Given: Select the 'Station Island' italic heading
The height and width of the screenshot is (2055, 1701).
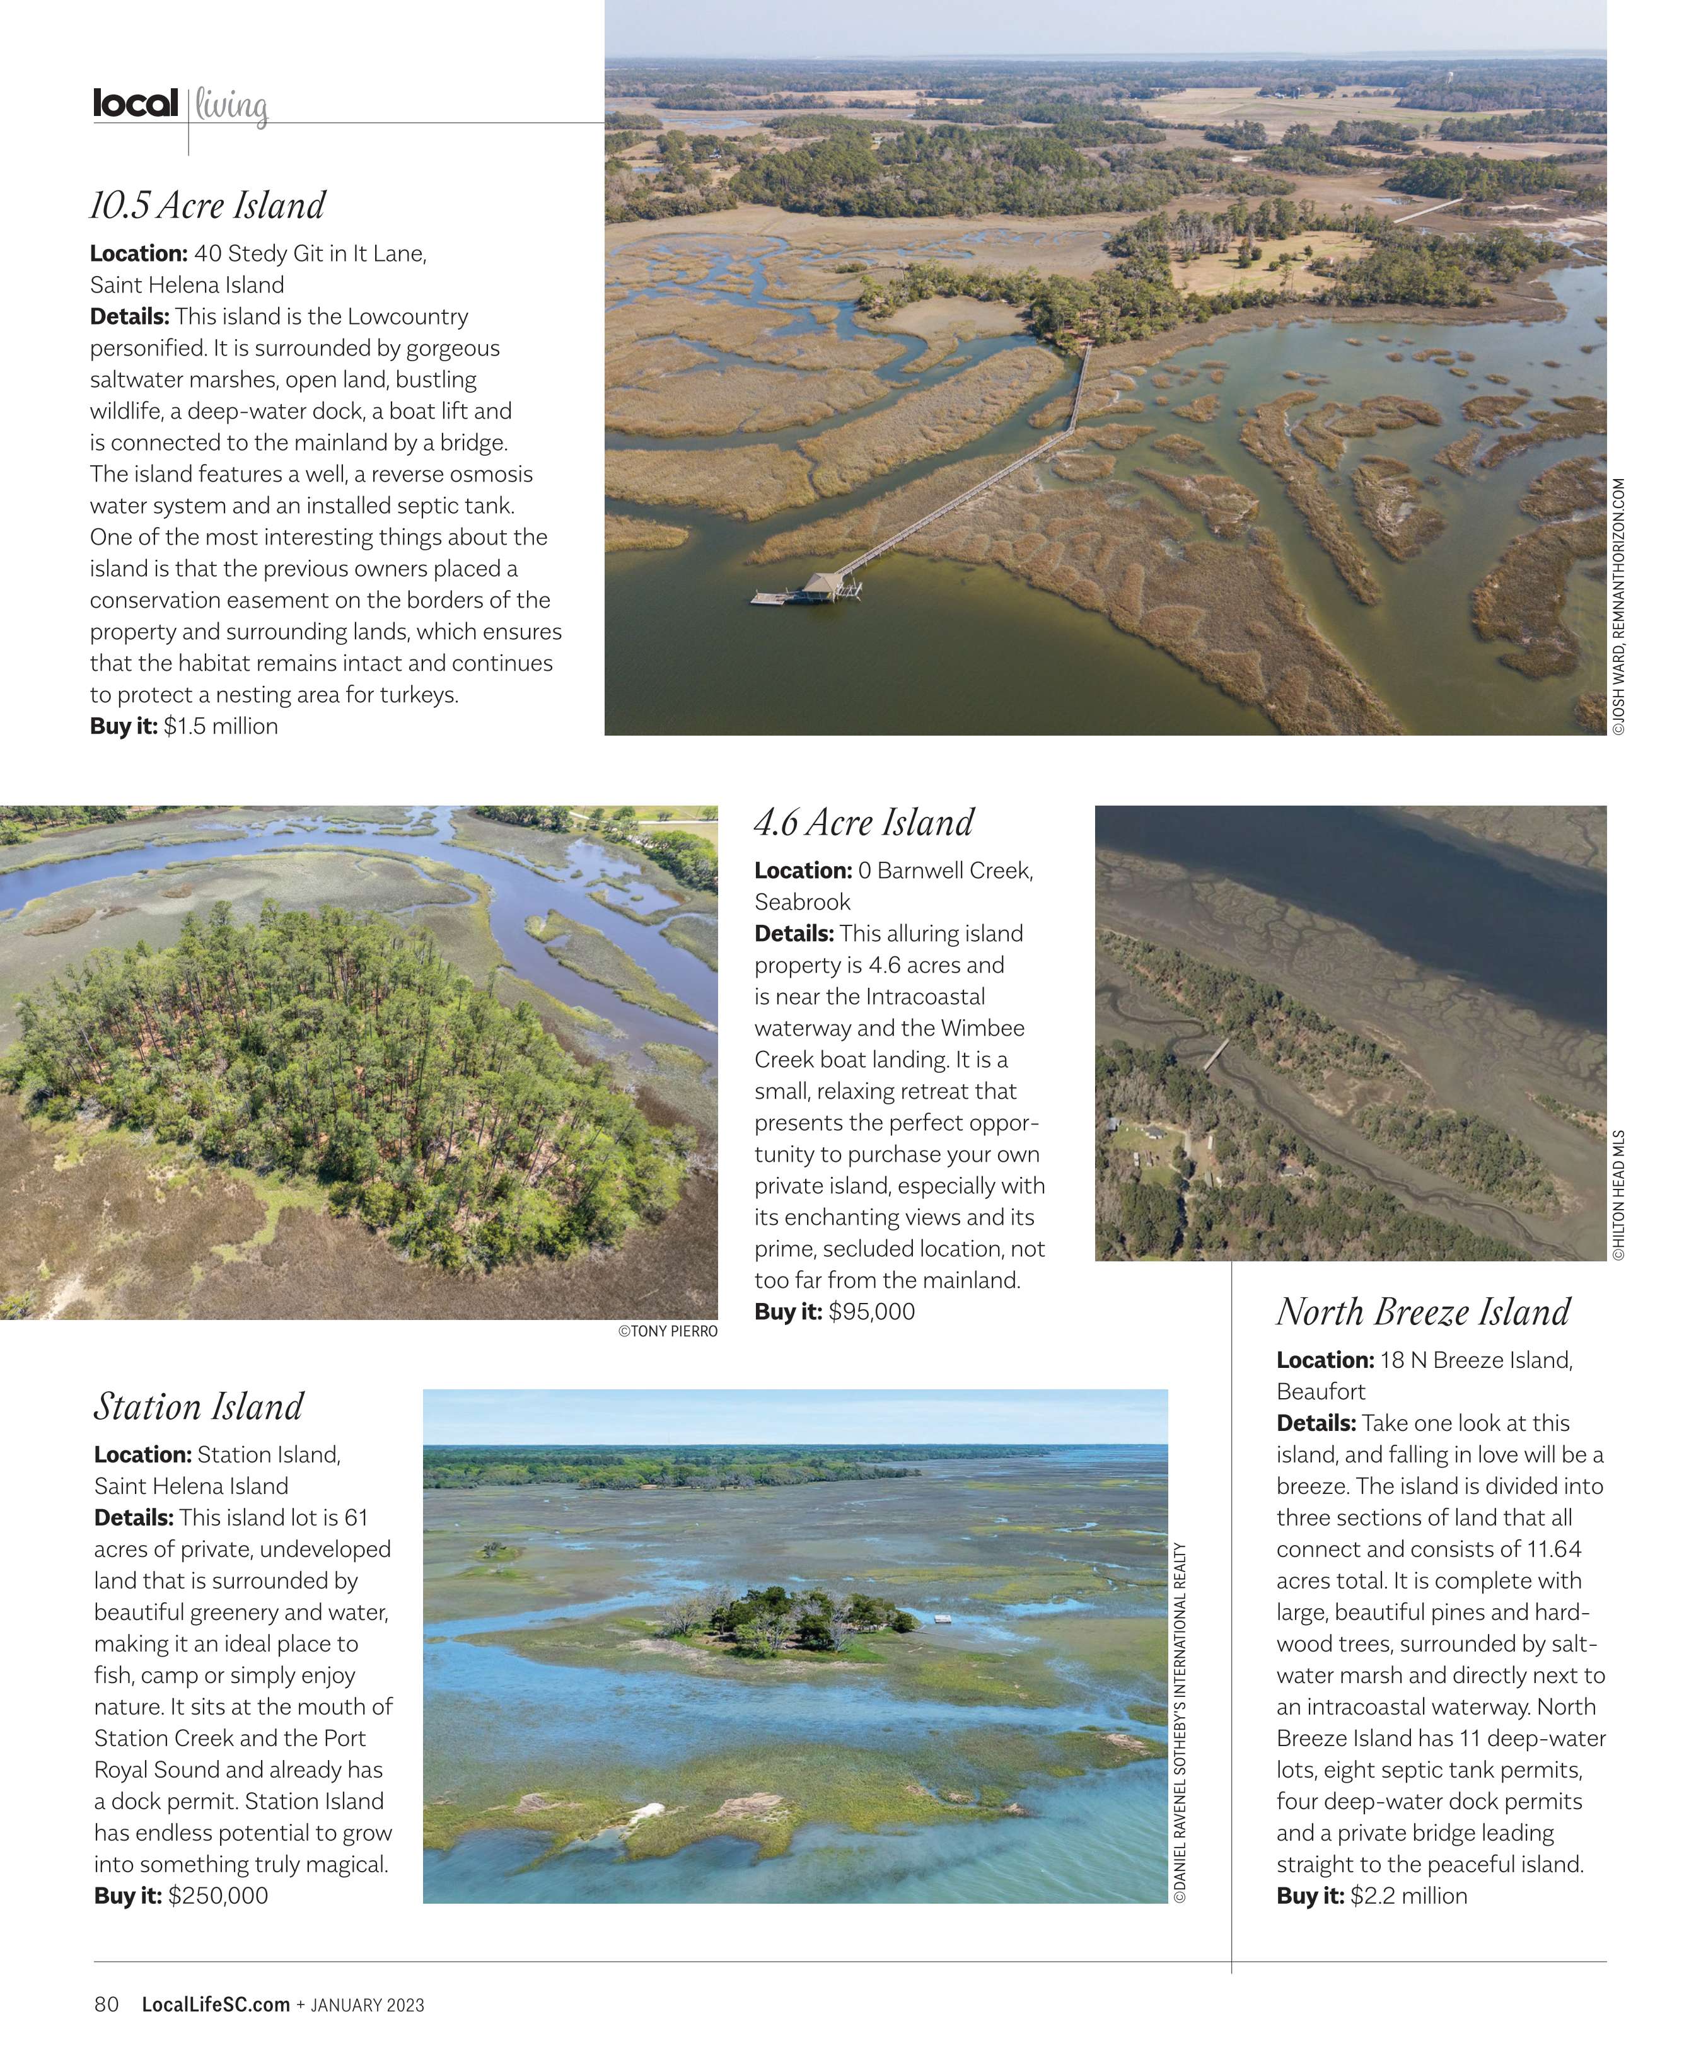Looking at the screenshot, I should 199,1407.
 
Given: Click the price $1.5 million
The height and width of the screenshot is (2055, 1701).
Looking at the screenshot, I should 220,726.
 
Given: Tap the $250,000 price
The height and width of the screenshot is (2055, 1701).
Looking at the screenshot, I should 218,1896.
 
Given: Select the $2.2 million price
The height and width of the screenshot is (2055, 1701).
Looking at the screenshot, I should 1407,1896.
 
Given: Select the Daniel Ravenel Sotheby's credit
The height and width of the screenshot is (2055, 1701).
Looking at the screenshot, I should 1180,1722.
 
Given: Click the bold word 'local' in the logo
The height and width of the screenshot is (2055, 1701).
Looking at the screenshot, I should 135,103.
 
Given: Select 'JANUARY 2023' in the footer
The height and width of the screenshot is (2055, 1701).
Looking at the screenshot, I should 367,2006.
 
